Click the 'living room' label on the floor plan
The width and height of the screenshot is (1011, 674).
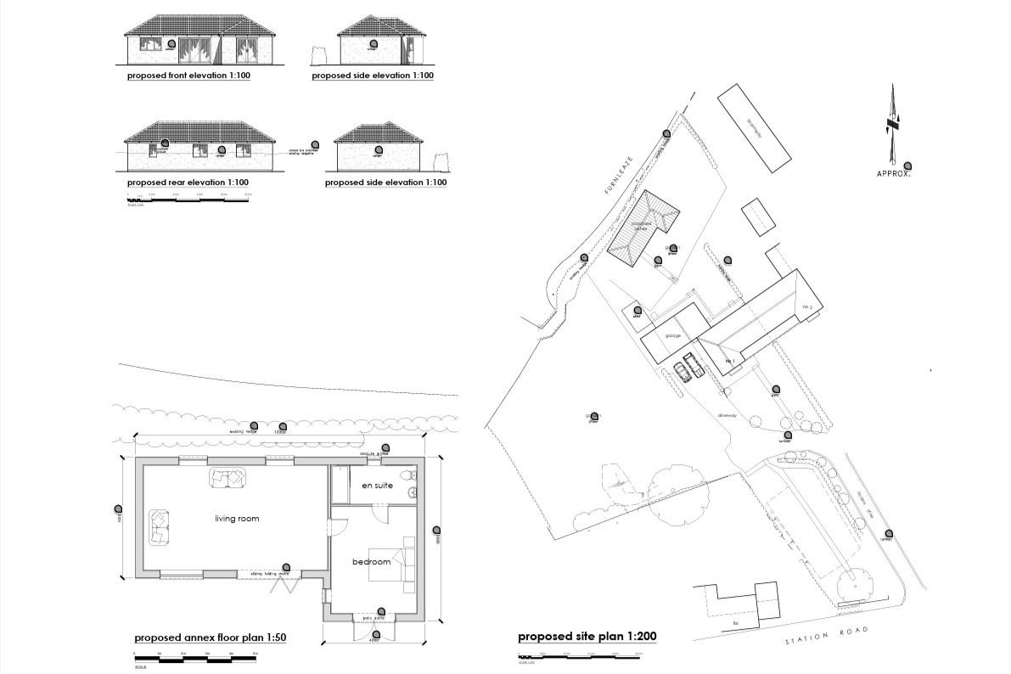pyautogui.click(x=236, y=518)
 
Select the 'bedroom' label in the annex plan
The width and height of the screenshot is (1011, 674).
pyautogui.click(x=371, y=562)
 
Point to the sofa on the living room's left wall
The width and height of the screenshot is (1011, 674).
pyautogui.click(x=158, y=526)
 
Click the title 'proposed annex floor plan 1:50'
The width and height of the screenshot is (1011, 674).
pyautogui.click(x=210, y=637)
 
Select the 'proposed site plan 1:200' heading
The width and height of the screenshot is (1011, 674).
pyautogui.click(x=587, y=636)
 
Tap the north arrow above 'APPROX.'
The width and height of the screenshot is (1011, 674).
pyautogui.click(x=892, y=123)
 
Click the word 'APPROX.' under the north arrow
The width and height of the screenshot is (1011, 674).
pyautogui.click(x=894, y=174)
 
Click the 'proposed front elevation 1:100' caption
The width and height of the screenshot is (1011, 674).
pyautogui.click(x=188, y=76)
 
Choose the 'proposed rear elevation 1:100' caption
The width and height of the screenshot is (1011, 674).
pyautogui.click(x=188, y=183)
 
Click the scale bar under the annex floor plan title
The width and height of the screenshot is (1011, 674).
pyautogui.click(x=195, y=658)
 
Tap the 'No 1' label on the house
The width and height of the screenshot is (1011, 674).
pyautogui.click(x=728, y=361)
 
